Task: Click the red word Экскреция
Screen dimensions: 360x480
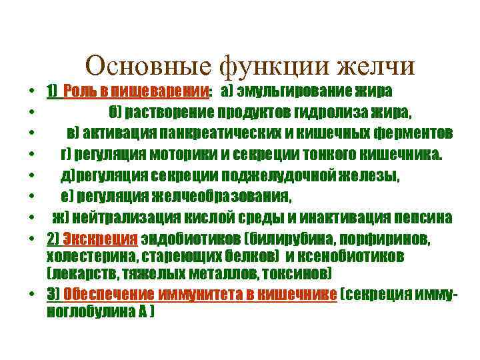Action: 100,239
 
